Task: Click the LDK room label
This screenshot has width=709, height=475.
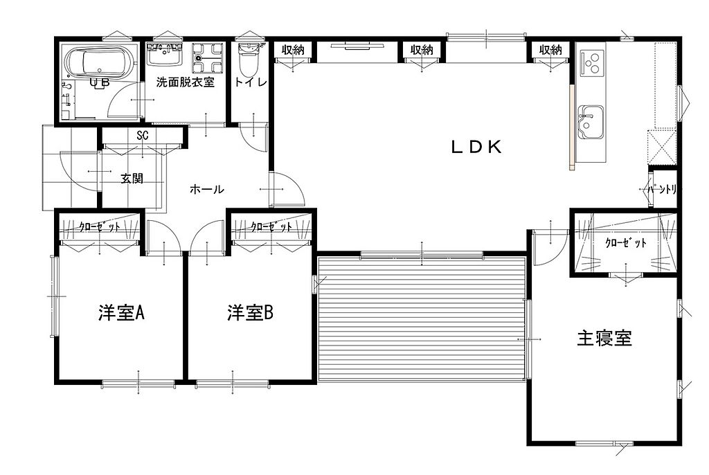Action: click(476, 147)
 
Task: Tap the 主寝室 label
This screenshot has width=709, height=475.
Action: click(604, 338)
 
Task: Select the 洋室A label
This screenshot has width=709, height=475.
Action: click(121, 312)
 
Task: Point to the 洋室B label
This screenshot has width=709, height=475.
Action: click(250, 312)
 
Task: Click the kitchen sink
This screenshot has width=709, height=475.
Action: click(591, 123)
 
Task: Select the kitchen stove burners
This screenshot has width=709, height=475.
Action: click(592, 63)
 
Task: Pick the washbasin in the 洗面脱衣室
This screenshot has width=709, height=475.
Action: click(165, 54)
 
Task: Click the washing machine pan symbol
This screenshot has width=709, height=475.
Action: click(208, 58)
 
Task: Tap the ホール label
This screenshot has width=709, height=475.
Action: click(206, 188)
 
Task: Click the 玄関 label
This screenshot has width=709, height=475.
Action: click(132, 178)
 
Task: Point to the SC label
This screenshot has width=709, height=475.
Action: click(143, 135)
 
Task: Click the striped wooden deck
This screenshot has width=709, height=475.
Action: click(422, 319)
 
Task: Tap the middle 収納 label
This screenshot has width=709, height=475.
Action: click(422, 49)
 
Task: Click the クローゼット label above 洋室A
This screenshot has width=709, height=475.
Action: click(100, 226)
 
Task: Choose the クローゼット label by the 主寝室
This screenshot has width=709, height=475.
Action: click(625, 243)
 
